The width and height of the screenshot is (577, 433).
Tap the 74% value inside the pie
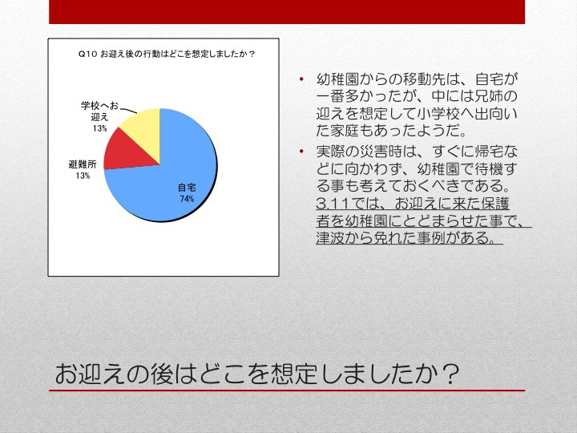[x=187, y=199]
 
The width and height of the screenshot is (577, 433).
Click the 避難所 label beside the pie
[x=83, y=164]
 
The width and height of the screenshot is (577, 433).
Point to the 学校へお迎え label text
[x=99, y=111]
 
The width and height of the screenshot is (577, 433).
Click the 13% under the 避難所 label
[x=83, y=176]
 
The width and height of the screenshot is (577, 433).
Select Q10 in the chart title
[x=87, y=55]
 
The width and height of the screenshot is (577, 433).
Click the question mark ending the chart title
[x=252, y=55]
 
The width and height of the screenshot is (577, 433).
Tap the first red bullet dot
[x=301, y=79]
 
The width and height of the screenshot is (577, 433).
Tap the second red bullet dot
[x=301, y=152]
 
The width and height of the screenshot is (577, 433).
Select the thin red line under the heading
[x=287, y=391]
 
